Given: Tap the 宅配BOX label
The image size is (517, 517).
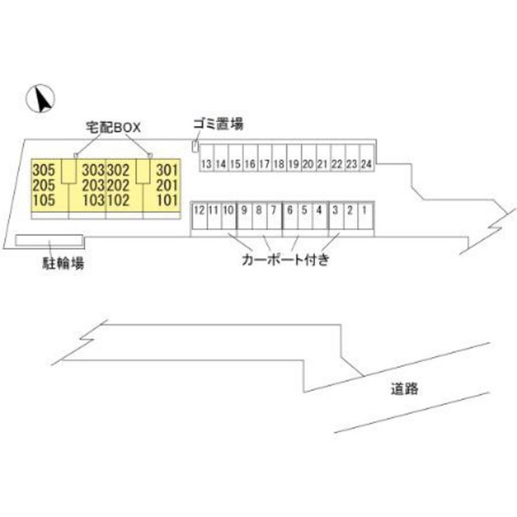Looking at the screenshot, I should coord(114,127).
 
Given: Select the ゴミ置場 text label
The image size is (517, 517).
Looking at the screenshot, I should coord(217,124).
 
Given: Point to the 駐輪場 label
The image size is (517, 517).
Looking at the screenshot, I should coord(65,263).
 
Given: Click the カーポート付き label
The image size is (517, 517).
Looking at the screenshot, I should coord(284,260).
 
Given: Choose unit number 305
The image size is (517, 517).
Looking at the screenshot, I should coord(45,170).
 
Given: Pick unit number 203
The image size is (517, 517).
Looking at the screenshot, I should coord(94,185).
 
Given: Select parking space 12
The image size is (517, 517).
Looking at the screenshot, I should coord(198,210).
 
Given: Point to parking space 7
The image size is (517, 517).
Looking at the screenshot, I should coord(274,210).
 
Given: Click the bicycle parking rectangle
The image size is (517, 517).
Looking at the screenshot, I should coord(50,240).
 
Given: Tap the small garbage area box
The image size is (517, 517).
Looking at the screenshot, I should coord(195,145).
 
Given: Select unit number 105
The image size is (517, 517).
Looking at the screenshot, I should coord(45,200).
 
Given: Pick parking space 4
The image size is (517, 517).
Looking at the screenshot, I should coord(319,210).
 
